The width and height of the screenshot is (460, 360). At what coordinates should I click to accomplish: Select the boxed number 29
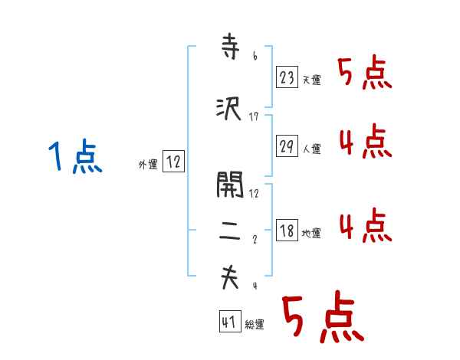tap(287, 147)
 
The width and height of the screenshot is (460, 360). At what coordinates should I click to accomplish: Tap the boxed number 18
tap(287, 231)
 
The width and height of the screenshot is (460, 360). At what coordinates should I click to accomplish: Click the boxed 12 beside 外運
tap(173, 162)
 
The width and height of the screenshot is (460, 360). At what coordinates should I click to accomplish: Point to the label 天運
tap(311, 80)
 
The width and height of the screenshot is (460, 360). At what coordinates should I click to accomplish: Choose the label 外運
tap(147, 164)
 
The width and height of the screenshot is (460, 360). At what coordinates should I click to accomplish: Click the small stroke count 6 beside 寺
tap(255, 57)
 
